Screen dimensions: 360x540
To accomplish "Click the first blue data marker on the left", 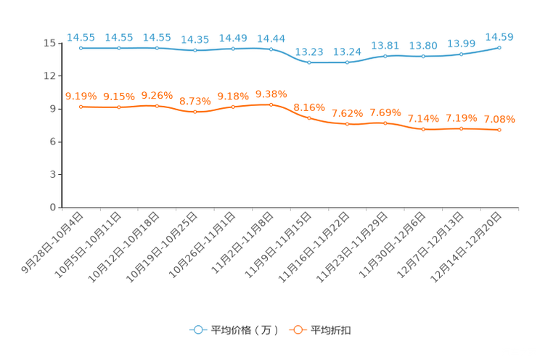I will click(81, 48).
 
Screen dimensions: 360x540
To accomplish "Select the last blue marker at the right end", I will click(499, 47).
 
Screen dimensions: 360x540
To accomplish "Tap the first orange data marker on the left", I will click(81, 107).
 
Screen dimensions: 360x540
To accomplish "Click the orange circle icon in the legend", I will click(297, 330).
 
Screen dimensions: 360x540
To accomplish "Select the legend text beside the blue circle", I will click(244, 330).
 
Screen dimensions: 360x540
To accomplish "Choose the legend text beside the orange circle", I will click(331, 330).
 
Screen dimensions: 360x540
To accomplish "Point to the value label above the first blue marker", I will click(81, 37).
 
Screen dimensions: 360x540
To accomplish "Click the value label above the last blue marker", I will click(499, 36).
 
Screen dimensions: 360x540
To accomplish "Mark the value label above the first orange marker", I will click(81, 96).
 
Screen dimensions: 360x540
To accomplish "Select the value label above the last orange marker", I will click(499, 119).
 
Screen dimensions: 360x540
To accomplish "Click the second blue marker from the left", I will click(119, 48).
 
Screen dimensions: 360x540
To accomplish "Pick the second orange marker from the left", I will click(119, 107).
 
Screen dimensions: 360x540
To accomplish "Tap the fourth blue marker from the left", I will click(195, 51).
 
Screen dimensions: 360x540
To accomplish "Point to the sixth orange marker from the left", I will click(271, 105).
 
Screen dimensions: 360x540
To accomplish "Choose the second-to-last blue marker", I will click(461, 54).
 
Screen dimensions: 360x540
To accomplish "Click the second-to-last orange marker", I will click(461, 129).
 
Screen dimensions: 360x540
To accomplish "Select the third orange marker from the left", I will click(157, 106).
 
